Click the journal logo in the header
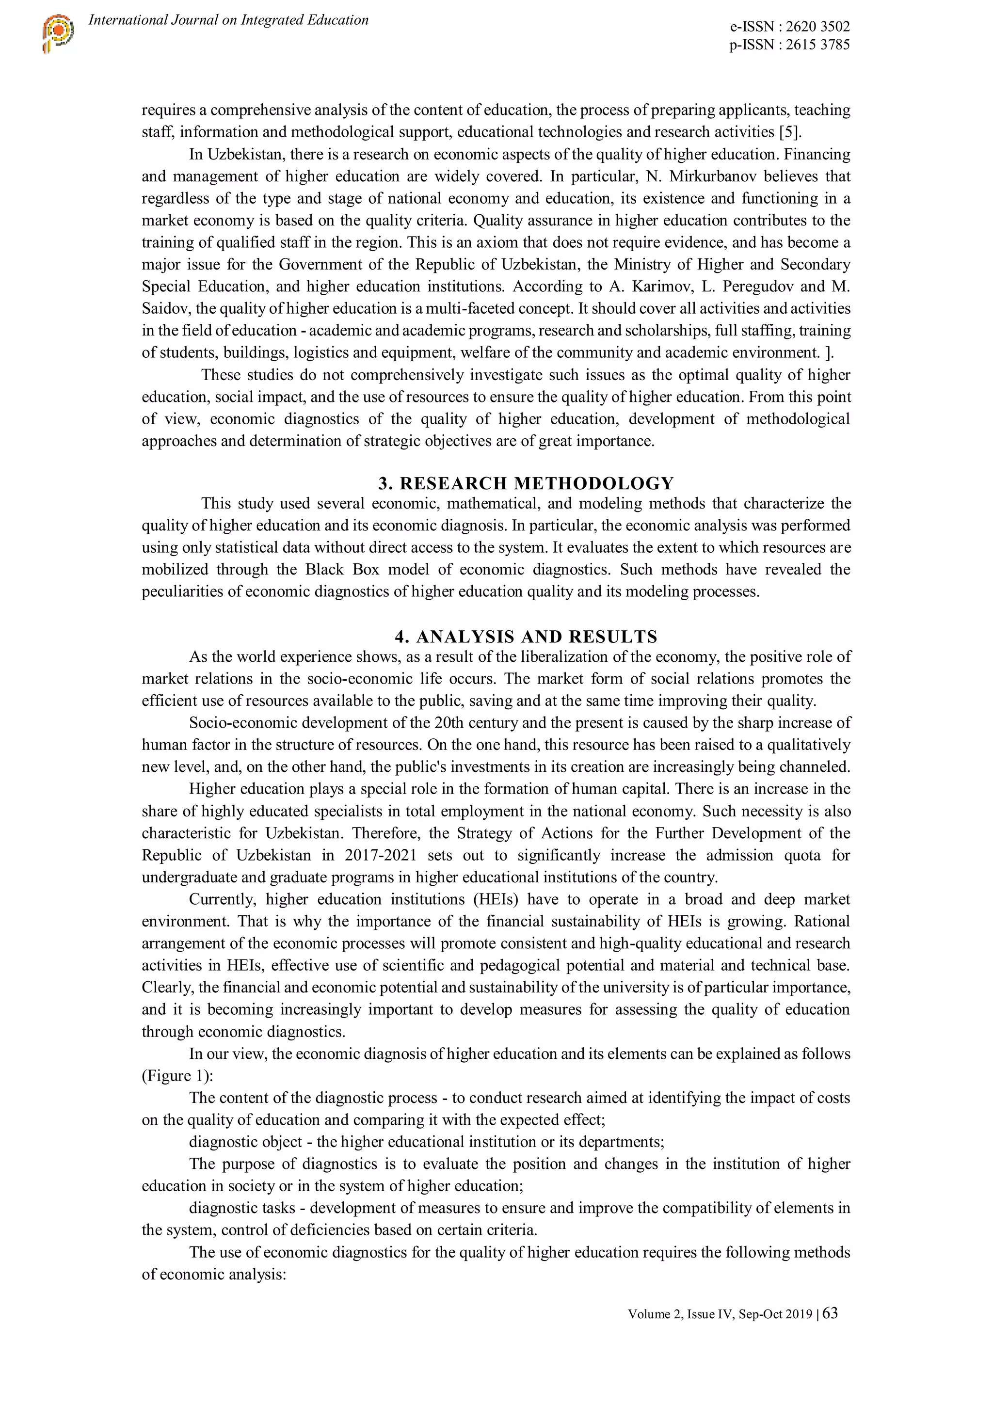click(58, 33)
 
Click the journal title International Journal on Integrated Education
click(228, 20)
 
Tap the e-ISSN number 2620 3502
click(817, 27)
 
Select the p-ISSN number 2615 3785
click(817, 45)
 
